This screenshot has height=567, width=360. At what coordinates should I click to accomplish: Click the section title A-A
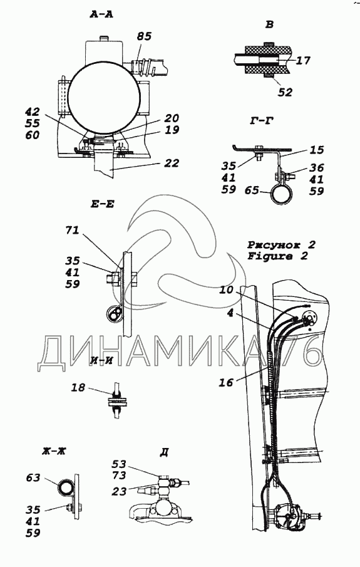(x=101, y=15)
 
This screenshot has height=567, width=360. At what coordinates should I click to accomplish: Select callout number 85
(x=144, y=36)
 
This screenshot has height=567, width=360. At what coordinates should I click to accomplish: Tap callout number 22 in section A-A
(x=172, y=163)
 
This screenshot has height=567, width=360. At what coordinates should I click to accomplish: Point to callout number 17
(x=303, y=60)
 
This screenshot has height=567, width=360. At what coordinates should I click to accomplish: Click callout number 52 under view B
(x=285, y=92)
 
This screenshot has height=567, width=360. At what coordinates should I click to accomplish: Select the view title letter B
(x=270, y=24)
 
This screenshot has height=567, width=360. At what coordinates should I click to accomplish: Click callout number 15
(x=317, y=150)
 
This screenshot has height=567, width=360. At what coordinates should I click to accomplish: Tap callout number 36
(x=316, y=168)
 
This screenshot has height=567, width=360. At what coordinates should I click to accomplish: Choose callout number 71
(x=72, y=231)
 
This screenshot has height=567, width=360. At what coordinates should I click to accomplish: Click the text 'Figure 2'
(x=277, y=256)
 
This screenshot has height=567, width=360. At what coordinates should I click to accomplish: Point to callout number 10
(x=226, y=289)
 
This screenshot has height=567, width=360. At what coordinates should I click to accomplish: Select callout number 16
(x=226, y=382)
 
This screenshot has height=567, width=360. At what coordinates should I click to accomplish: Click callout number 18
(x=78, y=388)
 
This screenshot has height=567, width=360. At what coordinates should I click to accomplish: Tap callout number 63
(x=33, y=478)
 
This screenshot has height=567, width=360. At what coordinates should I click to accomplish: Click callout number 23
(x=119, y=491)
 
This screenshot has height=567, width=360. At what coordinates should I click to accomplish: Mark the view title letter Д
(x=164, y=453)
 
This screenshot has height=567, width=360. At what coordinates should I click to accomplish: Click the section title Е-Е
(x=102, y=204)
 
